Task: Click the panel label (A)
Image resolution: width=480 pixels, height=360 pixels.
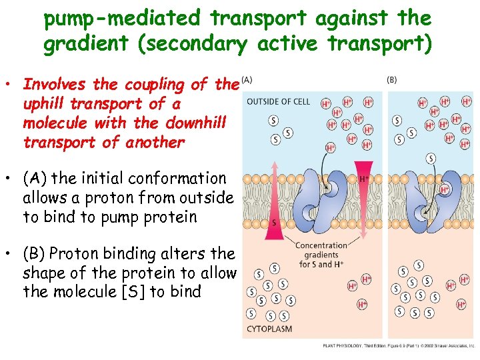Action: click(x=247, y=79)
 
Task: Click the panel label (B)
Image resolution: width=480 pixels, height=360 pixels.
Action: click(x=392, y=79)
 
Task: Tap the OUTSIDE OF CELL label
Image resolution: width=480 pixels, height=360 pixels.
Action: click(x=278, y=101)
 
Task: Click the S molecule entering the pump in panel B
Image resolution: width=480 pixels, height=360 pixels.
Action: click(x=431, y=158)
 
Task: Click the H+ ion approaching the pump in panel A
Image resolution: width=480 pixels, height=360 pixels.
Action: click(x=331, y=147)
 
